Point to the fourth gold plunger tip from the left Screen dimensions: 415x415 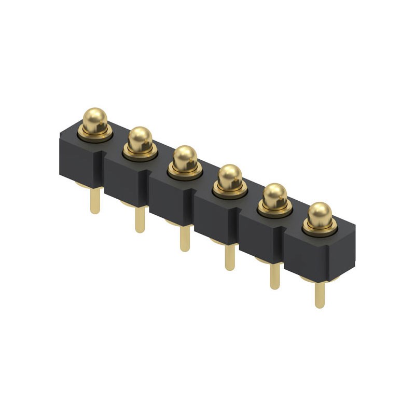point(230,176)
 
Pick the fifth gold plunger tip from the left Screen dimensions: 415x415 point(275,195)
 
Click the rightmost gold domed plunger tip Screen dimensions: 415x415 point(320,214)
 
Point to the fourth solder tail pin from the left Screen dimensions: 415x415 point(229,257)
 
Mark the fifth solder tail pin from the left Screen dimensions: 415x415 point(274,276)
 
